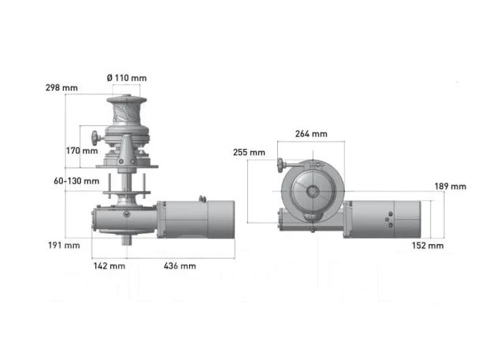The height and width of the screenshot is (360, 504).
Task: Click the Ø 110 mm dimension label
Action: [127, 78]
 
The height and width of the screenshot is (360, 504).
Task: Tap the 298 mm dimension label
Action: [61, 87]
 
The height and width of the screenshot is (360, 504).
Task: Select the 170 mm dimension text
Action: [82, 150]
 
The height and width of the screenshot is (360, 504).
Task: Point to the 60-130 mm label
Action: [76, 181]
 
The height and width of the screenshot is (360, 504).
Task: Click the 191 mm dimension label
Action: [64, 245]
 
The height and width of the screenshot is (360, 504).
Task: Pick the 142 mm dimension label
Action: [109, 265]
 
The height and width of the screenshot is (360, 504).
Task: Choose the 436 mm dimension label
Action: [180, 265]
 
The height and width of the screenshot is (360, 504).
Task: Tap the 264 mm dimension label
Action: [311, 134]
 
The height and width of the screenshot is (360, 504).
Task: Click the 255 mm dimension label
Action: [249, 152]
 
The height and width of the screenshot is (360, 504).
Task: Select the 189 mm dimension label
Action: [450, 187]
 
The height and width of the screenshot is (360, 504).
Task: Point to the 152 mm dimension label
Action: [428, 246]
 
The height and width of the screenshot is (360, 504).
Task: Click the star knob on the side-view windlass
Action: [95, 138]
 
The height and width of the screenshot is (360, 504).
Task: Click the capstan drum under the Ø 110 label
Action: [127, 110]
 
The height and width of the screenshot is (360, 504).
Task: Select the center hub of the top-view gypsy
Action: [312, 191]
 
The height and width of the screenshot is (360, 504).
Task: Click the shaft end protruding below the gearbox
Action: [127, 239]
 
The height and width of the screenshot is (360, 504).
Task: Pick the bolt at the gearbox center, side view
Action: [127, 213]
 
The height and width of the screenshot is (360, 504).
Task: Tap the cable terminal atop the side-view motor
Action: [202, 199]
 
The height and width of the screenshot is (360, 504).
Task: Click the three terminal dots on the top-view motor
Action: [390, 220]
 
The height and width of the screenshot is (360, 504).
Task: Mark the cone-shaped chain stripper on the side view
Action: [127, 150]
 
